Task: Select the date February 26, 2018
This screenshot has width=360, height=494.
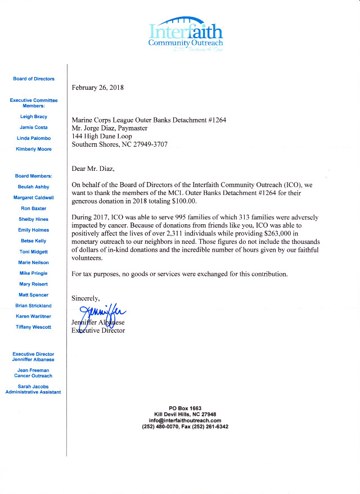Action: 98,88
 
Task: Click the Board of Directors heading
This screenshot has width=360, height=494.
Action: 34,79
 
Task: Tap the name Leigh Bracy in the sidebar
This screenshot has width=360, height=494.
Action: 34,117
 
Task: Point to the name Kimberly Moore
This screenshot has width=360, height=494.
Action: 34,149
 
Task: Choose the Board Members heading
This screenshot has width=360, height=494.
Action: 34,176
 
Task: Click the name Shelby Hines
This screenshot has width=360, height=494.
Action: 34,219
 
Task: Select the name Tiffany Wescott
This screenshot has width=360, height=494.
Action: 34,327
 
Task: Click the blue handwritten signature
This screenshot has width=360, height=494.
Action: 104,315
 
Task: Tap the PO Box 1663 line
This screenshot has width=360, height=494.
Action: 184,408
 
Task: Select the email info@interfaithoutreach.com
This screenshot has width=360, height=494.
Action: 184,420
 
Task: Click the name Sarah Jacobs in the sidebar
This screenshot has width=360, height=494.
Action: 34,386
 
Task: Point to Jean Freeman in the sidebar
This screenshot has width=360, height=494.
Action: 34,370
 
